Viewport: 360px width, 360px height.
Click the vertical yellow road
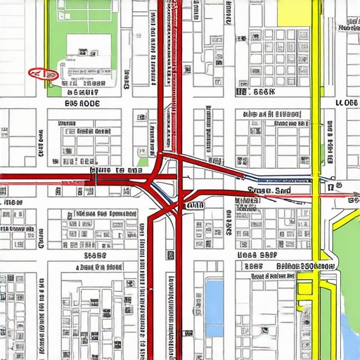316,105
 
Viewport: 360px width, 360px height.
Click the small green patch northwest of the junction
143,162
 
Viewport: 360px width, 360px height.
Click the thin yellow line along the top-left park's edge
47,42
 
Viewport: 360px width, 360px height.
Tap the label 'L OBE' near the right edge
346,103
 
